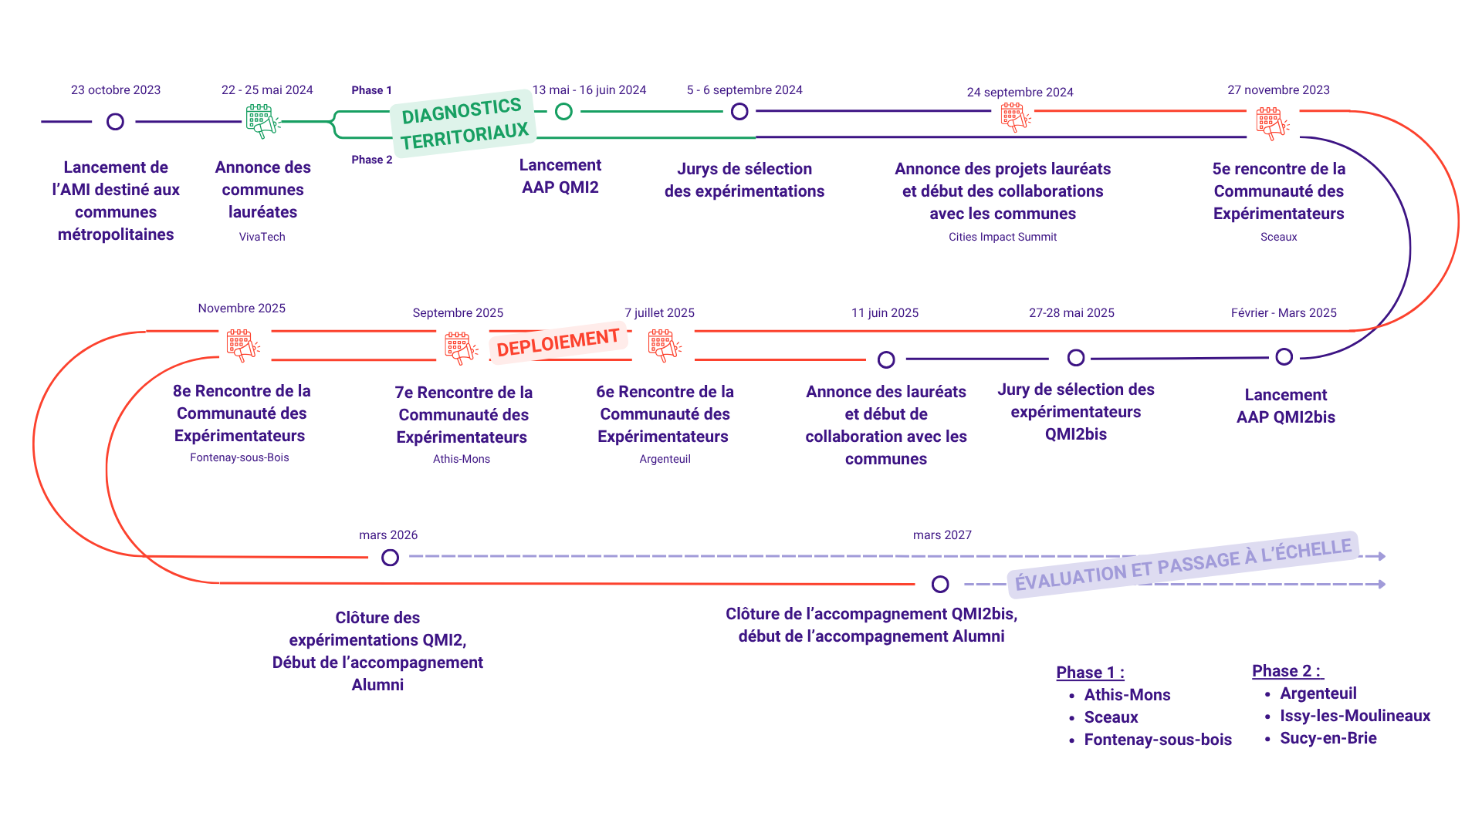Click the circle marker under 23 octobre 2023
click(x=115, y=122)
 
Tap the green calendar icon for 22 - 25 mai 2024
click(x=261, y=120)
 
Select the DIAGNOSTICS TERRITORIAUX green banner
click(x=464, y=123)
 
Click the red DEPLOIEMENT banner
click(x=557, y=342)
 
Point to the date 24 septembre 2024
click(x=1020, y=93)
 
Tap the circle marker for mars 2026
click(x=390, y=558)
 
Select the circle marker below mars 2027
click(x=939, y=585)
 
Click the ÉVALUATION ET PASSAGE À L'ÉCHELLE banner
click(x=1183, y=564)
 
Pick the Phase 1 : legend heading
click(x=1090, y=673)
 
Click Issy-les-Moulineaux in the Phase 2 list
click(x=1355, y=716)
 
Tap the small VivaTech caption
click(x=262, y=237)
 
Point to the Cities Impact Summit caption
click(x=1002, y=237)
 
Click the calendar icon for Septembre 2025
click(x=459, y=347)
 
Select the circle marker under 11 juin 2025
click(x=886, y=359)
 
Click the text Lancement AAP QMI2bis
click(x=1285, y=406)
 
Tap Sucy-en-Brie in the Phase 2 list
click(x=1328, y=738)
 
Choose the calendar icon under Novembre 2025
click(x=242, y=345)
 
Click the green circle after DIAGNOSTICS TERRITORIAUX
click(x=564, y=112)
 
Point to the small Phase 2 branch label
click(x=371, y=160)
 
